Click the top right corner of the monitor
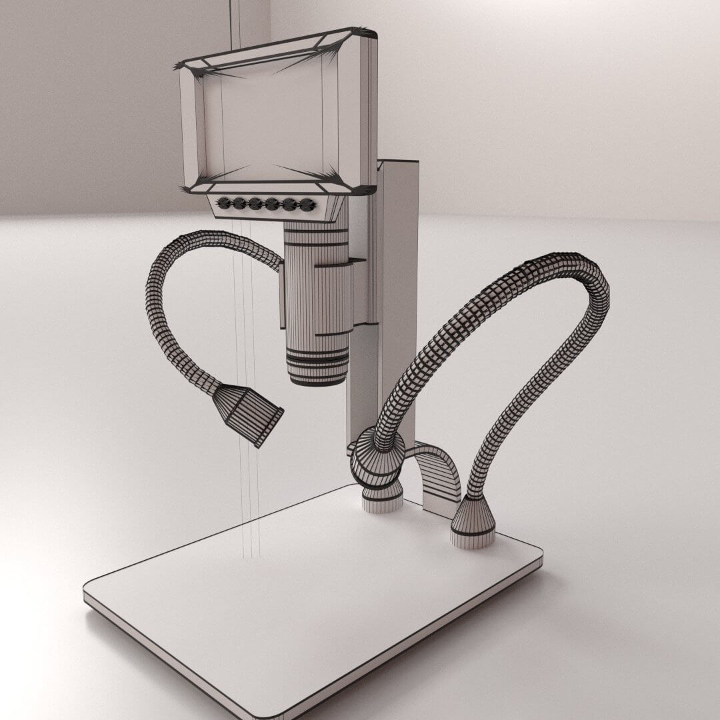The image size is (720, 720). (370, 31)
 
